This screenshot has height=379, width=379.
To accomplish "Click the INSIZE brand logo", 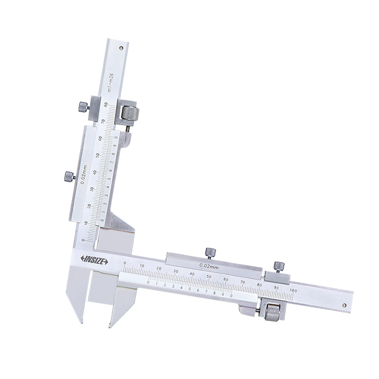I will (94, 260).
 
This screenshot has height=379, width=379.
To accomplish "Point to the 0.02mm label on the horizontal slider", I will (208, 265).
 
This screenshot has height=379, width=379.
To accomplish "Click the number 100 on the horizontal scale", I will (293, 289).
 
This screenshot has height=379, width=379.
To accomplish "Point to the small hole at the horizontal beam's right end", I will (345, 299).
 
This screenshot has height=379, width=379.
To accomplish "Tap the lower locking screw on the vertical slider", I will (69, 177).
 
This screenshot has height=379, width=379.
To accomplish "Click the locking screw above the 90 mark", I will (278, 266).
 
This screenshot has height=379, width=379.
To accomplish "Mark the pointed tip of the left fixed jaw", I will (81, 322).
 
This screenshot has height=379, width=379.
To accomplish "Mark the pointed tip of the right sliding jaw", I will (110, 326).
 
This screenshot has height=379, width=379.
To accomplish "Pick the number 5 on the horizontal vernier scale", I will (189, 288).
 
